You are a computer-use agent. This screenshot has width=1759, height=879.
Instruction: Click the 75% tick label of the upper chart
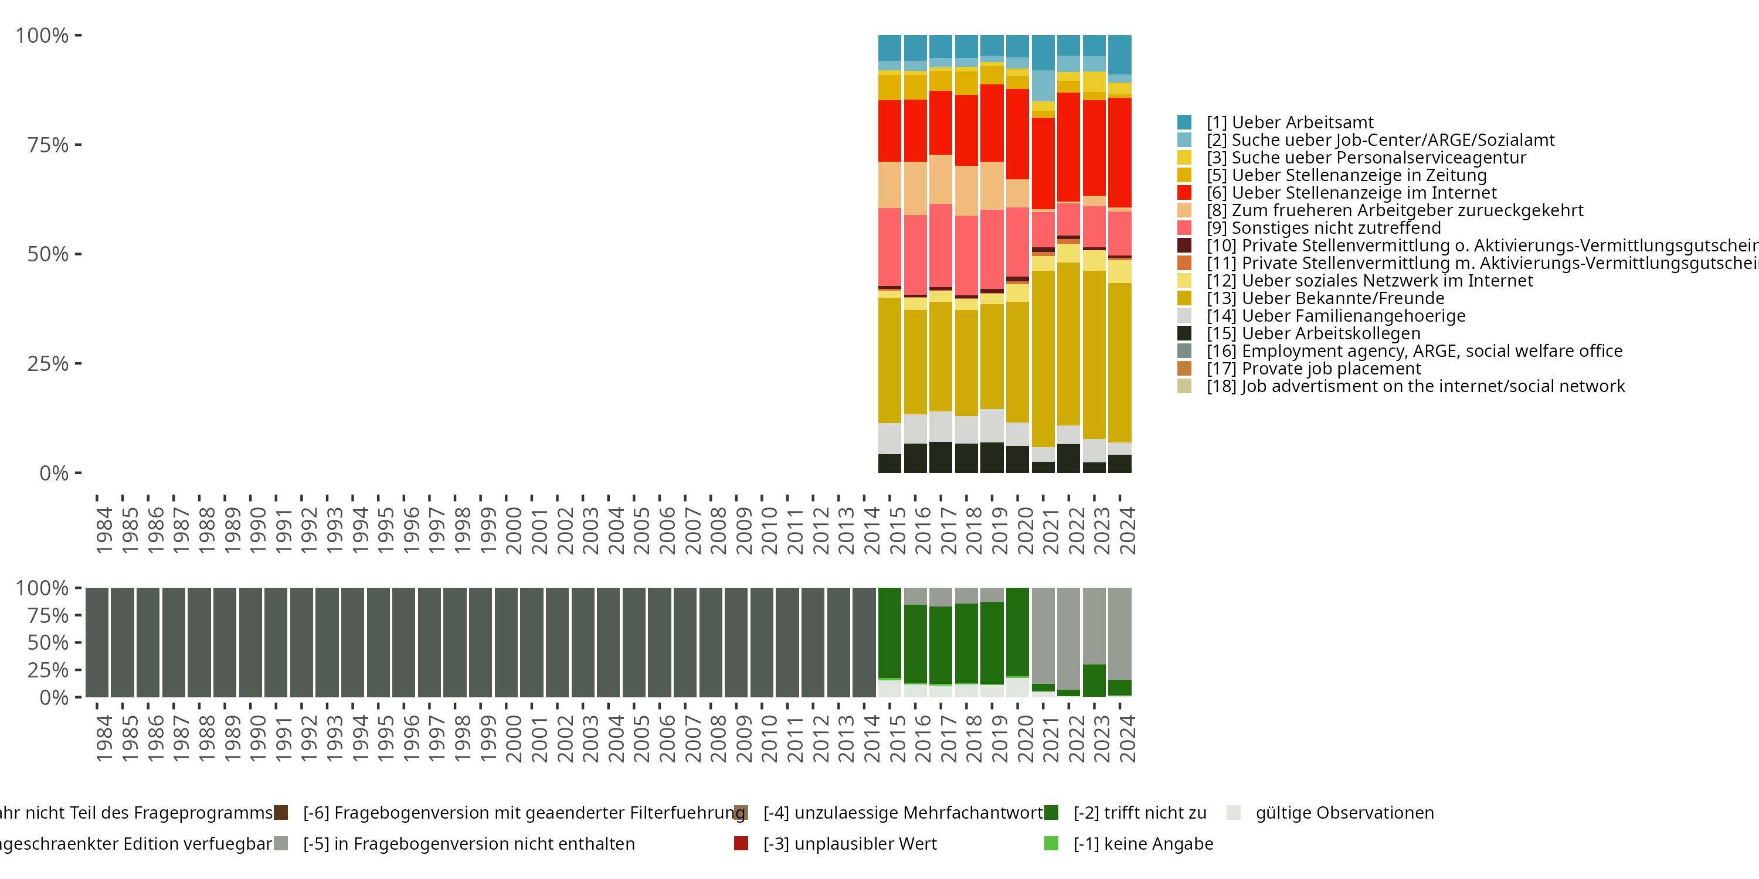tap(48, 145)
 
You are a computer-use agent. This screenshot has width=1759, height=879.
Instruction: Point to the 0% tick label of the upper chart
tap(54, 473)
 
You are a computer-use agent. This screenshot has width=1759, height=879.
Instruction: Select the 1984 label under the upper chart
tap(103, 530)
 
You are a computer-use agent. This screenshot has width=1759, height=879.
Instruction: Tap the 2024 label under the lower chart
tap(1128, 738)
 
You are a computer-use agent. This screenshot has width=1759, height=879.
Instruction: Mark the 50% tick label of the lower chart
tap(48, 643)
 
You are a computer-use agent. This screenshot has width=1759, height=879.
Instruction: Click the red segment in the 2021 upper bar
tap(1043, 164)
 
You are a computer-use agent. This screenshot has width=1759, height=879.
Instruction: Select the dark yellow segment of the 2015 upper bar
tap(889, 360)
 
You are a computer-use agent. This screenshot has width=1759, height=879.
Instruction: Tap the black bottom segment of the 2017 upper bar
tap(940, 457)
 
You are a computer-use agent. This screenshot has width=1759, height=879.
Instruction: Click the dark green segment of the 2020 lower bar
tap(1017, 631)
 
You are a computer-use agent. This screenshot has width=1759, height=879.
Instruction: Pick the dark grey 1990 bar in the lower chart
tap(250, 642)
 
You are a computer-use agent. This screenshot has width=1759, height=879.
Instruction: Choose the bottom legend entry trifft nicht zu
tap(1139, 813)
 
